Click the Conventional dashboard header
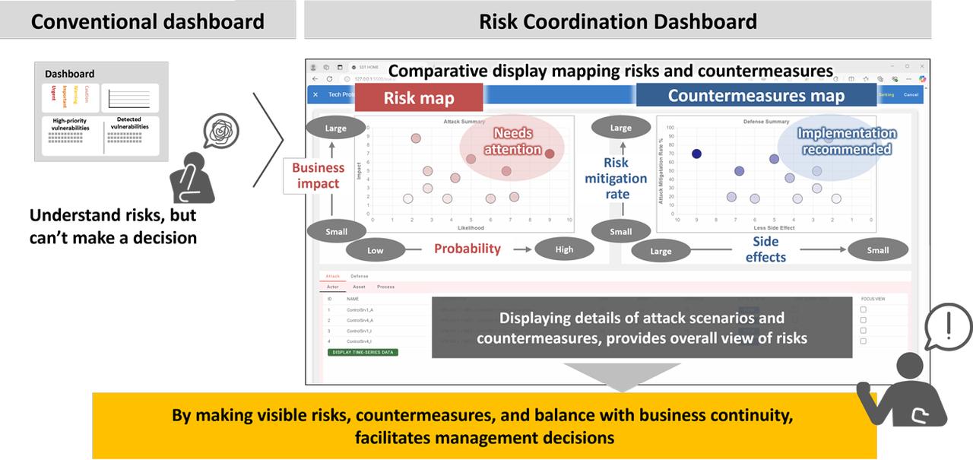point(147,21)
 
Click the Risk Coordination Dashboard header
point(617,21)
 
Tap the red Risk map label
point(418,97)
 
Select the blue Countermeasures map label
point(756,96)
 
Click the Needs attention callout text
point(512,141)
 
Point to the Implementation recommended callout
point(846,141)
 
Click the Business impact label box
point(318,176)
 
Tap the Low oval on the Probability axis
point(376,250)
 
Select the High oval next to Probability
point(564,249)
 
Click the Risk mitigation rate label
point(616,178)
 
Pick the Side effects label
point(765,249)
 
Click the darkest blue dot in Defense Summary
point(696,154)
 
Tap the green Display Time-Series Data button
point(363,352)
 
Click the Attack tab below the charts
point(333,276)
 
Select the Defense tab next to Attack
point(360,276)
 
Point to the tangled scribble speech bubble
point(221,131)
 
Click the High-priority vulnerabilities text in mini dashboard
point(70,125)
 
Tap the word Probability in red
point(467,249)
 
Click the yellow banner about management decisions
point(483,426)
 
